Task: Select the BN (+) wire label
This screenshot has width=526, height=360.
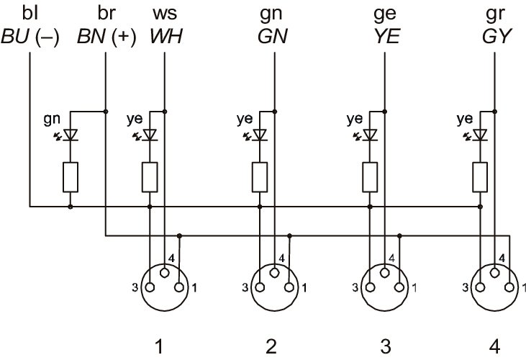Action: pos(106,36)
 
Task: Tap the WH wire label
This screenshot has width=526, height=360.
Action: pos(165,36)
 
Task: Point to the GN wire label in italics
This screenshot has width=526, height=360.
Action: pos(273,36)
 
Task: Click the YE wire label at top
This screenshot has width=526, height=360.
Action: pos(384,36)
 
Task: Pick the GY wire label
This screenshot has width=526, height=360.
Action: pos(494,36)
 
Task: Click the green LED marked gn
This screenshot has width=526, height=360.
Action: pos(71,135)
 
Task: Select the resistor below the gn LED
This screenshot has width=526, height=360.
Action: pos(71,176)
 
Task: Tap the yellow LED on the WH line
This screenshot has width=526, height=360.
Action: pos(150,135)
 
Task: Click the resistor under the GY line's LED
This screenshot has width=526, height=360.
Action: pos(480,176)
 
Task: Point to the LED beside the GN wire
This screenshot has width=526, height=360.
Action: pos(260,135)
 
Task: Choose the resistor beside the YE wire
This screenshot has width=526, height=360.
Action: pos(370,176)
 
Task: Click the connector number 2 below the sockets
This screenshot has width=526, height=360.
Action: pos(271,346)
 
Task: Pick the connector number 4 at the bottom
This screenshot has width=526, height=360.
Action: pos(494,346)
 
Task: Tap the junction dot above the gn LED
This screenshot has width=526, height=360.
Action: pos(106,111)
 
